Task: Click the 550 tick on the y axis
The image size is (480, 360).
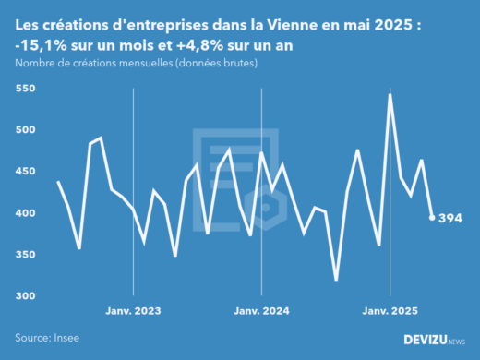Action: pos(25,89)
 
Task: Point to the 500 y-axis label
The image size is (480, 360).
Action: pos(25,130)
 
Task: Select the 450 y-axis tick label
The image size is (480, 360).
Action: pos(25,172)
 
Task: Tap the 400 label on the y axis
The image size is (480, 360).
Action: pos(25,213)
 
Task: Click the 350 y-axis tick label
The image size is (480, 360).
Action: pos(25,255)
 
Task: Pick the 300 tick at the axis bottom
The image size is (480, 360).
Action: pos(25,296)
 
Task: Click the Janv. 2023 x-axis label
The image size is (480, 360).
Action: pos(135,312)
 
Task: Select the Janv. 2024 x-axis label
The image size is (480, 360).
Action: pos(263,312)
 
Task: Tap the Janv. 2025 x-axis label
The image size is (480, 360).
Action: pos(390,312)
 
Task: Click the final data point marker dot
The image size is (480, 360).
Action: pos(433,218)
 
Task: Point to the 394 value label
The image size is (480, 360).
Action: pos(450,218)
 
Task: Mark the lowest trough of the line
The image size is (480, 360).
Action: pos(336,280)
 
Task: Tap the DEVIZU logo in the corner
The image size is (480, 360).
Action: pos(435,340)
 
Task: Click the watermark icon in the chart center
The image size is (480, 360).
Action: pos(235,175)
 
